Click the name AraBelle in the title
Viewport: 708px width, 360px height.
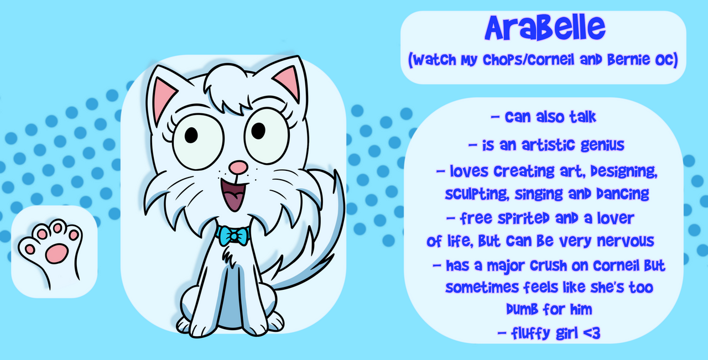pos(545,28)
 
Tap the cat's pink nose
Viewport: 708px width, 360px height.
pos(238,168)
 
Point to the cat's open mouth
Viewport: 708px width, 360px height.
pos(235,194)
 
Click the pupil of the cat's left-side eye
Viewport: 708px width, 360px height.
pos(191,135)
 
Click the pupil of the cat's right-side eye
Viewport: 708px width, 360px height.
pos(258,131)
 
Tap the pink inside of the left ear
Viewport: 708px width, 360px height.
pos(163,98)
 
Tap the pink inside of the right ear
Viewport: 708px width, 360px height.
pos(287,81)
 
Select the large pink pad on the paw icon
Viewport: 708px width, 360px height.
pos(56,253)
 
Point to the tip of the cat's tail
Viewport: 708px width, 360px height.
pos(336,172)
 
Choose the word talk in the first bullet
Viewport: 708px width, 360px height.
pos(583,117)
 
